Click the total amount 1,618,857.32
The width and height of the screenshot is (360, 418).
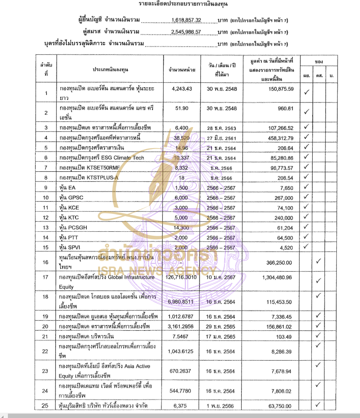(x=185, y=20)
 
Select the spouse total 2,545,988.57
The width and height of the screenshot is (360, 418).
(x=185, y=32)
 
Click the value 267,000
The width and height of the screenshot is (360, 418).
(x=283, y=198)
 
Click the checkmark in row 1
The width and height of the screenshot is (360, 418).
(x=307, y=92)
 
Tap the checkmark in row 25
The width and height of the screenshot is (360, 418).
(x=319, y=404)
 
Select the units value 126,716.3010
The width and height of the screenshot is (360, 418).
(x=182, y=277)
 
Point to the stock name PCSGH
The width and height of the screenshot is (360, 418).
(x=76, y=228)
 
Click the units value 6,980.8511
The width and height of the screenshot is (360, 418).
(x=181, y=302)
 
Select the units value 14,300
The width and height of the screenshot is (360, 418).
(x=181, y=228)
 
